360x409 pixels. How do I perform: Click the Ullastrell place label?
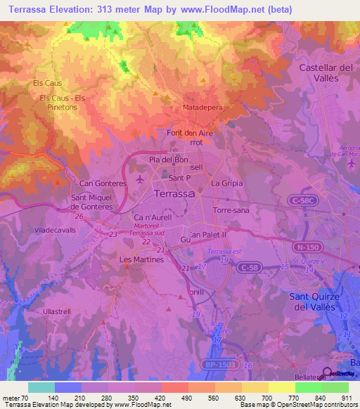pyautogui.click(x=58, y=310)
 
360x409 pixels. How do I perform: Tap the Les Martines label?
pyautogui.click(x=142, y=259)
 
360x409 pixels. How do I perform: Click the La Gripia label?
pyautogui.click(x=227, y=183)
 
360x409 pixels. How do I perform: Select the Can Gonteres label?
pyautogui.click(x=103, y=183)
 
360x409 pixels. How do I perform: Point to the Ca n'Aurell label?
pyautogui.click(x=153, y=218)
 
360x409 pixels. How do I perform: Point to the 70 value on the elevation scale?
pyautogui.click(x=25, y=398)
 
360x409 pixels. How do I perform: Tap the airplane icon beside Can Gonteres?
pyautogui.click(x=141, y=178)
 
